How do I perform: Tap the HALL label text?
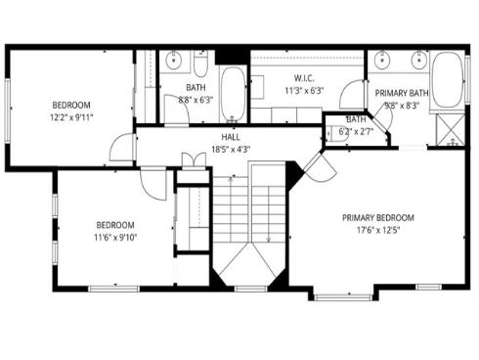[231, 137]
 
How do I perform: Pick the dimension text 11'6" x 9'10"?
[114, 237]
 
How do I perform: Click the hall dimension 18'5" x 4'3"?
[231, 150]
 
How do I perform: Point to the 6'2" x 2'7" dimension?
[356, 130]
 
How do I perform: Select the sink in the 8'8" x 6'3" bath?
[174, 61]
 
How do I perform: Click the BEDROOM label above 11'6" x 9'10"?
[114, 224]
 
